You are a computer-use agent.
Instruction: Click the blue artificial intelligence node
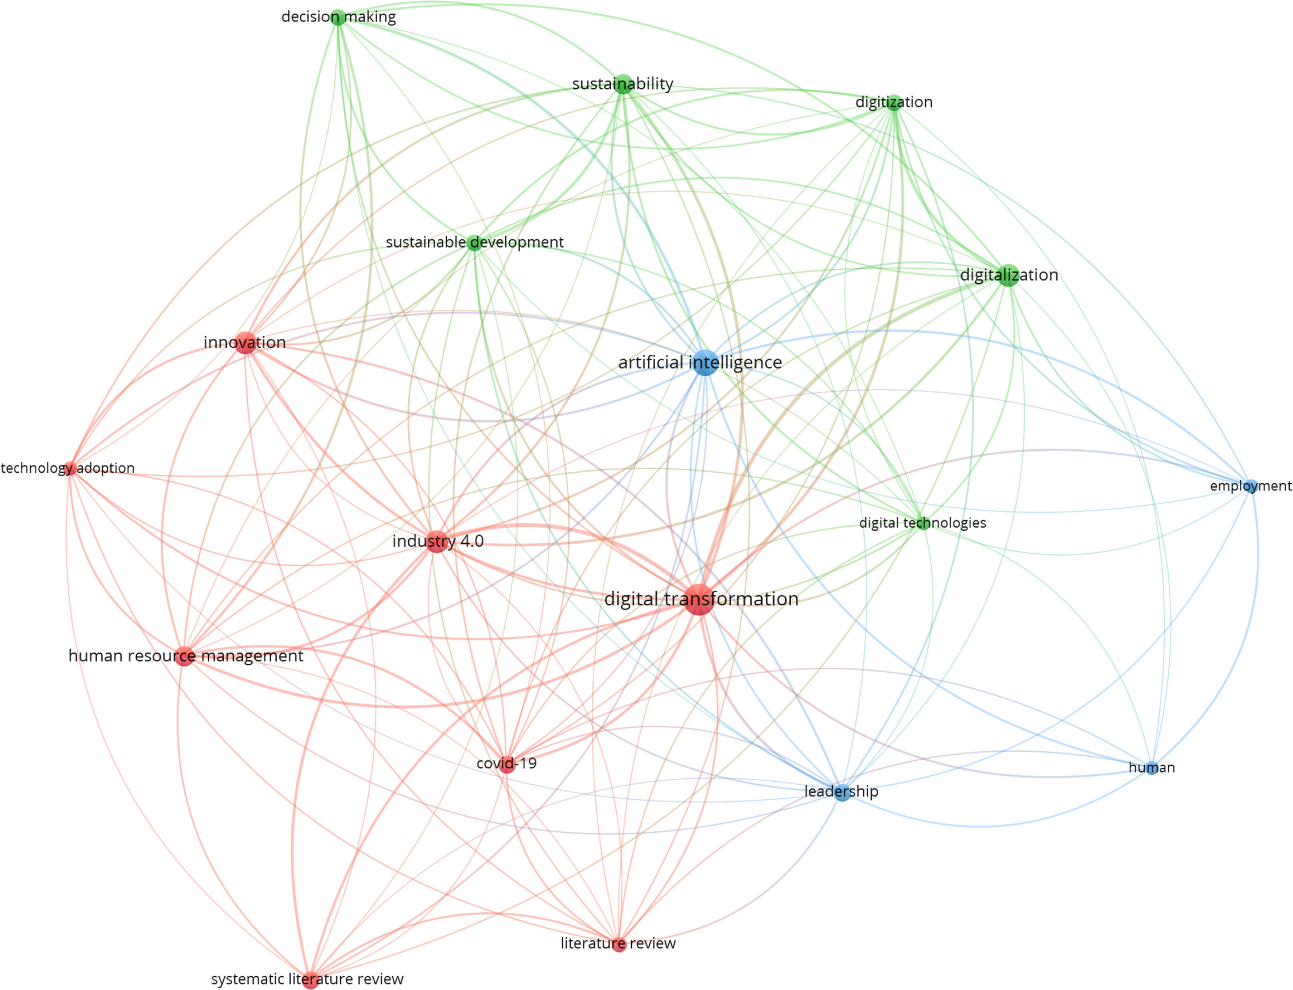(705, 362)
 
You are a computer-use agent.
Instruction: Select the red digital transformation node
(699, 600)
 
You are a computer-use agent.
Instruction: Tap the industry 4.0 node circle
(436, 541)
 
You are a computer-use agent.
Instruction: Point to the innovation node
(245, 342)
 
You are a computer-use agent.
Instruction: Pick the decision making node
(338, 17)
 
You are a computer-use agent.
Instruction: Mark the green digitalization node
(1008, 275)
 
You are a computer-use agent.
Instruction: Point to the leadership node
(842, 792)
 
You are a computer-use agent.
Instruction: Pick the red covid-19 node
(507, 764)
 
